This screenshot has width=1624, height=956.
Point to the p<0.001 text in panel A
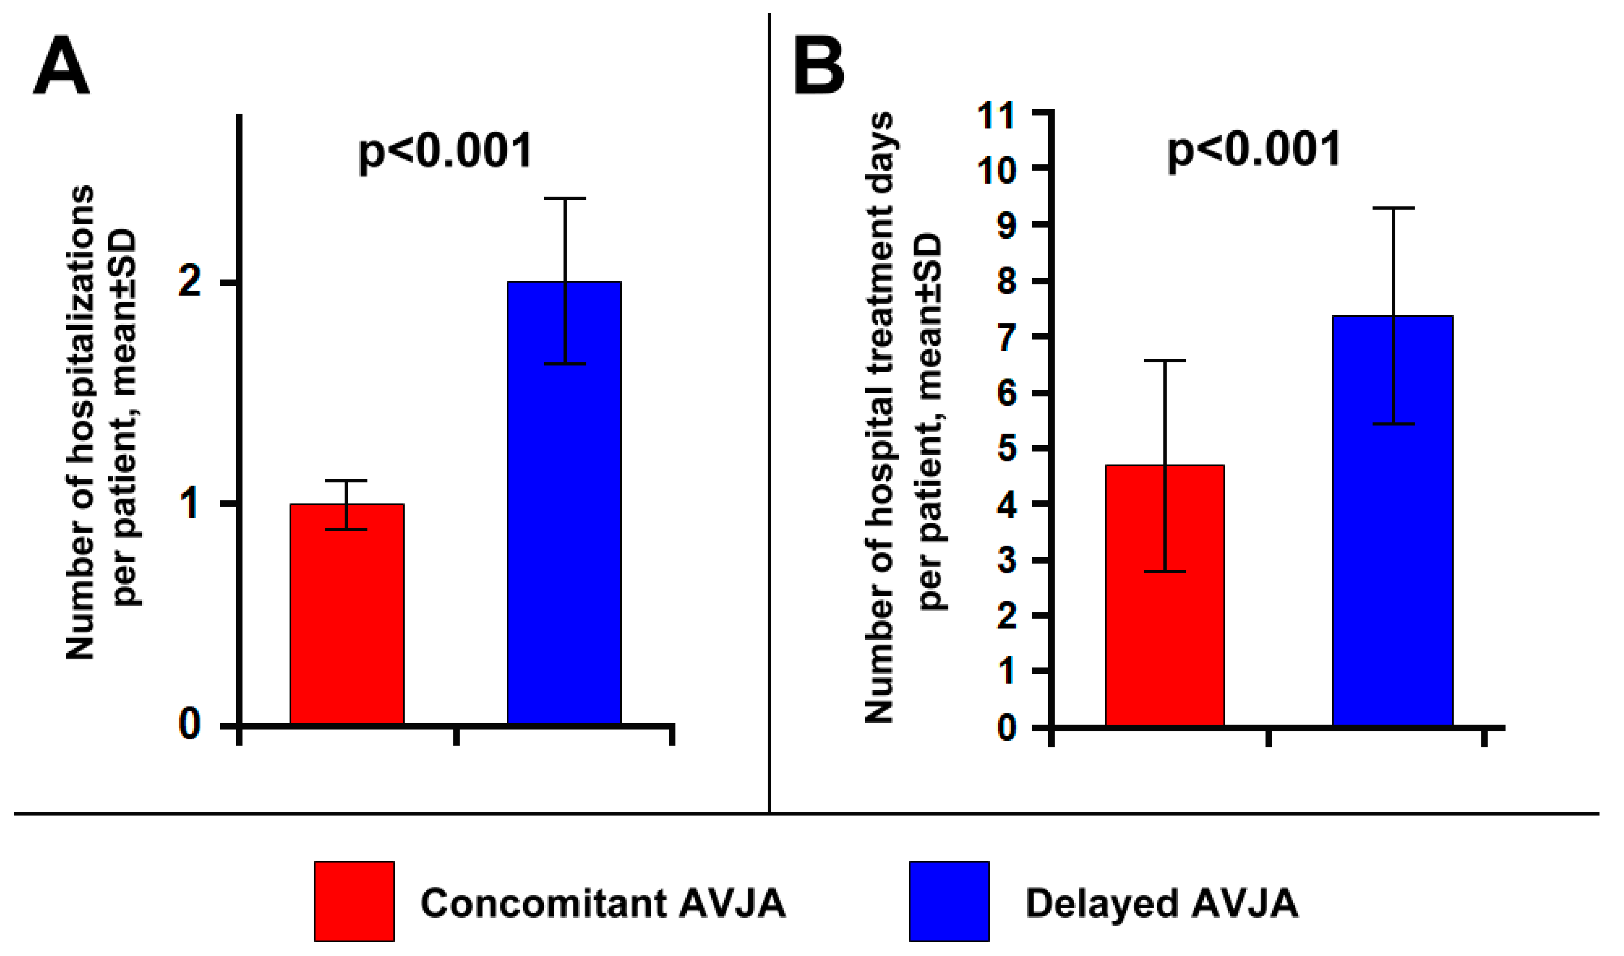pos(445,151)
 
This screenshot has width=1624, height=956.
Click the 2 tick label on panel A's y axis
pos(189,283)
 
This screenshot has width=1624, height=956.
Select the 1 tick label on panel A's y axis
pos(189,504)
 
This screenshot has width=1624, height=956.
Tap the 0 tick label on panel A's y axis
pos(189,725)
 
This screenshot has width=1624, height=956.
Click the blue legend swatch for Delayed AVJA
pos(949,901)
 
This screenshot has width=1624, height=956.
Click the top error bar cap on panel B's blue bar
pos(1393,208)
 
